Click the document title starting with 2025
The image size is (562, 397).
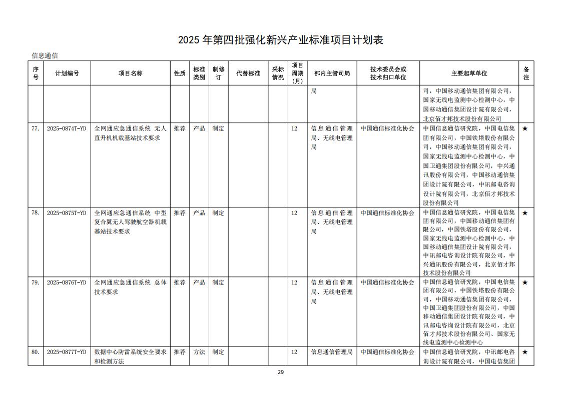(280, 40)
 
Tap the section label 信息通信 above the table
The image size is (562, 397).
(45, 55)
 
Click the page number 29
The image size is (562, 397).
(281, 372)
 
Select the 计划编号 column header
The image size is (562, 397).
(67, 73)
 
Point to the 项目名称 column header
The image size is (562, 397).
(130, 73)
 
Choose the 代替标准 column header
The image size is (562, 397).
(248, 73)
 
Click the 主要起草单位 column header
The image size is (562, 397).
(469, 73)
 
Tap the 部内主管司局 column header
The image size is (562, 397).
(332, 73)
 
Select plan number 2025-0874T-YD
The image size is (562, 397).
(67, 128)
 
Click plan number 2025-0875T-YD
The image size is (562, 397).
(67, 213)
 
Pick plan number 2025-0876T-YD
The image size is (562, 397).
(67, 282)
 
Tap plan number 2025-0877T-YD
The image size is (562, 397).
(67, 352)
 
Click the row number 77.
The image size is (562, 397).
(35, 128)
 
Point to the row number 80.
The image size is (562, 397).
(35, 352)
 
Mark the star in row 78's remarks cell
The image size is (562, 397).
(525, 213)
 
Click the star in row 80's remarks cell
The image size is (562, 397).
(525, 352)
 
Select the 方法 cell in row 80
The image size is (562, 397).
(199, 352)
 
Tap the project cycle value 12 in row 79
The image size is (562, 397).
(294, 282)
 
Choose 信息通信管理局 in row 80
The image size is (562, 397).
(332, 352)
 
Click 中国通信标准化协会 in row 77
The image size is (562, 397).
(387, 128)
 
